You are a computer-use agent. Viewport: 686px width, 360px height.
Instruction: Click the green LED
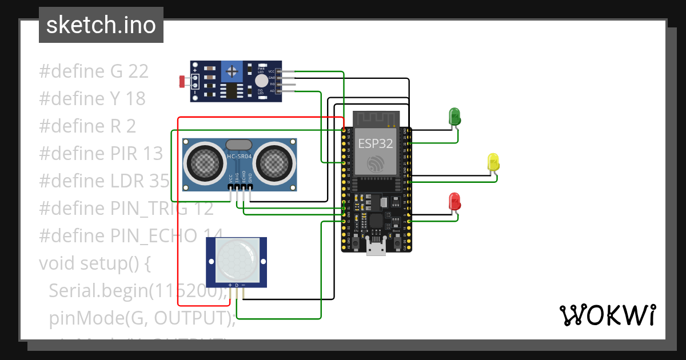coord(455,116)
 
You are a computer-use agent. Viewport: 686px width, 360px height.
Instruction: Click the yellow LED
coord(493,162)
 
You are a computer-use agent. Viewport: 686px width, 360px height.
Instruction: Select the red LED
coord(455,201)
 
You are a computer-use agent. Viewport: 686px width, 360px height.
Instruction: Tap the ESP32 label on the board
coord(376,143)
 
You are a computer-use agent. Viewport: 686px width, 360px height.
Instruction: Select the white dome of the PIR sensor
coord(236,257)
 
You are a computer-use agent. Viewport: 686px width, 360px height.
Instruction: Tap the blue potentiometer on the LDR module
coord(232,71)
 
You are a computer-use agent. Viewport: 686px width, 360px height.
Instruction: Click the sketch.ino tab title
coord(101,25)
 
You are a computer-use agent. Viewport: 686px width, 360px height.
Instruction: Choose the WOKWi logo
coord(607,315)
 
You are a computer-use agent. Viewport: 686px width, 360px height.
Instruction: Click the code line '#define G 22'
coord(94,71)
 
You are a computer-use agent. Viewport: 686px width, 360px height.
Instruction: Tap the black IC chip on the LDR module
coord(232,90)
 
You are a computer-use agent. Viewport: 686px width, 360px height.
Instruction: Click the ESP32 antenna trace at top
coord(375,119)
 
